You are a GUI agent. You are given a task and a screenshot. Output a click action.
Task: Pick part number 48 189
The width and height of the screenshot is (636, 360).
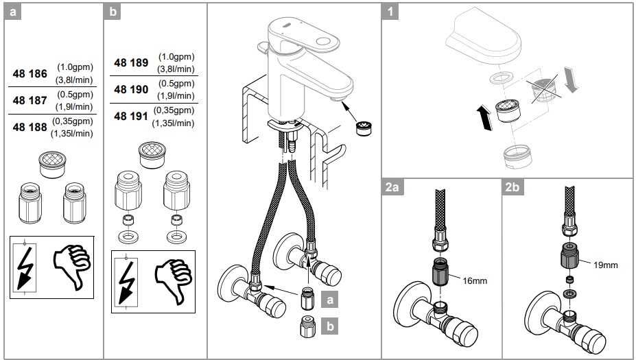[131, 63]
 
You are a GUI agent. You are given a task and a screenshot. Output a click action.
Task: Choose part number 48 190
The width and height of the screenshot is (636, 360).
[131, 90]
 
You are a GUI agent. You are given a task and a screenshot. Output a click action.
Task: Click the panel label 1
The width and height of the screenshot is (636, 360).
[390, 12]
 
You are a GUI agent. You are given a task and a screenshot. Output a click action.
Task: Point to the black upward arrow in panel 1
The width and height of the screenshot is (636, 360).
[484, 117]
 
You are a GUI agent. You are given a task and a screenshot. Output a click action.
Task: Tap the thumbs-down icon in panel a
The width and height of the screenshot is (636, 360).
[72, 265]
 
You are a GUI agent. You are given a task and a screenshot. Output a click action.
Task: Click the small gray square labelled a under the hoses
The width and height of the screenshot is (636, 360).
[331, 300]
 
